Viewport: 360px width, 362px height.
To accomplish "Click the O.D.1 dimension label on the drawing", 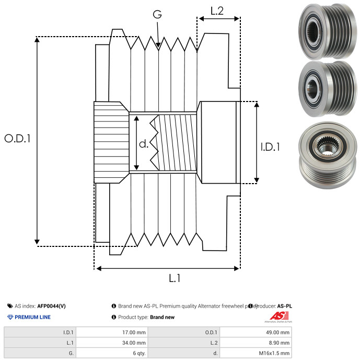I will pos(18,139).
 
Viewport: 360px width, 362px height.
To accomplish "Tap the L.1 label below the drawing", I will pos(175,279).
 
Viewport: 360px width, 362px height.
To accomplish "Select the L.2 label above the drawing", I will pos(217,10).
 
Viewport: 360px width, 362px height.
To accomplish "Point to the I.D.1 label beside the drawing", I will pos(270,147).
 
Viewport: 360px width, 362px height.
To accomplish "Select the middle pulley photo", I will pos(324,85).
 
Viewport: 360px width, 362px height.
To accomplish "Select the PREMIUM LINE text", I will pos(33,317).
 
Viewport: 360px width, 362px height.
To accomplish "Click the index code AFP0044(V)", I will pos(51,306).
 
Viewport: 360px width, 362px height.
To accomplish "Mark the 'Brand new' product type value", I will pos(162,317).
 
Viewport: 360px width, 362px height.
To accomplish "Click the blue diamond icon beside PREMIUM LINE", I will pos(10,317).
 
